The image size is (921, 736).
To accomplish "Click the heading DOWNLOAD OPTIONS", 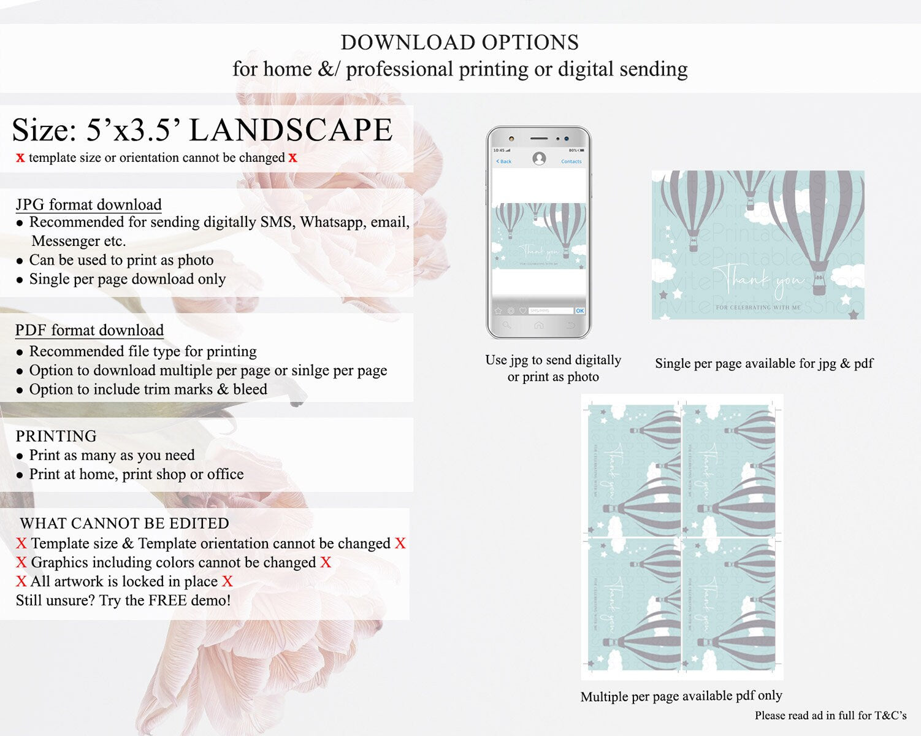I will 460,42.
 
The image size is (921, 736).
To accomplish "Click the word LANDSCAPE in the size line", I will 291,130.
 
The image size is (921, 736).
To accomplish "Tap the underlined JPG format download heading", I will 89,204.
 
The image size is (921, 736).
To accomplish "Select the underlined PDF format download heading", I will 90,330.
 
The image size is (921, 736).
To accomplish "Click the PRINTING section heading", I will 56,436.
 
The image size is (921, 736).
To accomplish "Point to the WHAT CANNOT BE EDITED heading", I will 124,523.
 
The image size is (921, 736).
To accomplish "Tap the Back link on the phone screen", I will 504,161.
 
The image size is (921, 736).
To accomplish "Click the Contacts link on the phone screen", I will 571,161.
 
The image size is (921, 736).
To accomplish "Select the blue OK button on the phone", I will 579,311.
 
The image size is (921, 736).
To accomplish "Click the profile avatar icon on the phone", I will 539,159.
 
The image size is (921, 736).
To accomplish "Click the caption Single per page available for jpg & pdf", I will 764,363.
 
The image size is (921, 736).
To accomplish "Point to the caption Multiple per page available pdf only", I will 681,696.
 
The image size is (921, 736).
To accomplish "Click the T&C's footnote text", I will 830,715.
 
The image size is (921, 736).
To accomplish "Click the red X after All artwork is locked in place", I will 227,581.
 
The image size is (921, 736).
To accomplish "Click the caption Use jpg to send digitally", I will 553,360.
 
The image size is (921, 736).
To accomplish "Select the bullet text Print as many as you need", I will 112,455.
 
